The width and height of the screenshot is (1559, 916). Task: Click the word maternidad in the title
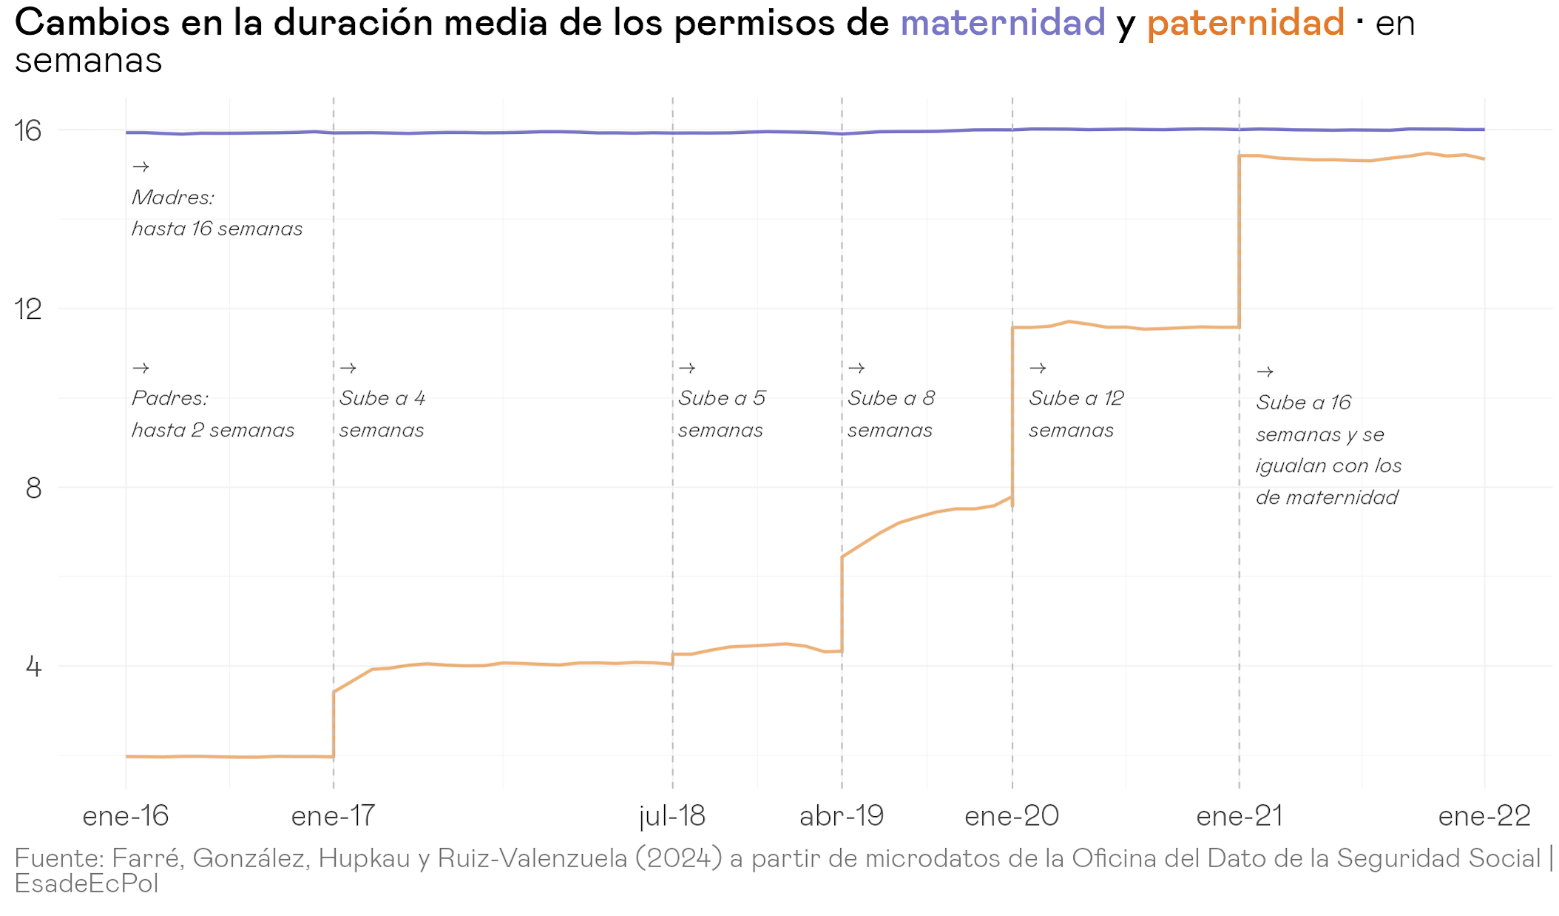[1002, 22]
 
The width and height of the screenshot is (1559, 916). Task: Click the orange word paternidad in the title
[1245, 22]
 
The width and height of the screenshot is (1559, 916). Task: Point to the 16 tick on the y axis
[28, 131]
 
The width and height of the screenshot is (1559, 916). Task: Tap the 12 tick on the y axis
[28, 309]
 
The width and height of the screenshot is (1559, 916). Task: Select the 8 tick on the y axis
[33, 488]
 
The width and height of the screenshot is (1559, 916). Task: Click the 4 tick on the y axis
[33, 667]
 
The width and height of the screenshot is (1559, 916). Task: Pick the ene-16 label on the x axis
[126, 816]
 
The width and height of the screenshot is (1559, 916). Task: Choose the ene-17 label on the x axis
[334, 816]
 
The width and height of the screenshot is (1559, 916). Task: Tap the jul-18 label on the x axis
[672, 816]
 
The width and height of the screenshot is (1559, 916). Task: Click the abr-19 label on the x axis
[842, 816]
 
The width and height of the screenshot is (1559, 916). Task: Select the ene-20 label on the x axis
[1012, 816]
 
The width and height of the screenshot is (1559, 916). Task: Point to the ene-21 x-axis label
[1239, 816]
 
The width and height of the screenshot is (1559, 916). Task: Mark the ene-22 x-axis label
[1484, 816]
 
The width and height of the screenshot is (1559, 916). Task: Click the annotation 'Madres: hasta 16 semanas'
[217, 213]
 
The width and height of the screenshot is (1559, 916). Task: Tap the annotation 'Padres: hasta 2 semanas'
[213, 414]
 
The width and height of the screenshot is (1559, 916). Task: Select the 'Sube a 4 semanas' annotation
[382, 414]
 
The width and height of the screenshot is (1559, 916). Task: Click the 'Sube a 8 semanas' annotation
[891, 414]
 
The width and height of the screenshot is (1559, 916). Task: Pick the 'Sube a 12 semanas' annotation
[1076, 414]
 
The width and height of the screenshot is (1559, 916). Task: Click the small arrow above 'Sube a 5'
[687, 368]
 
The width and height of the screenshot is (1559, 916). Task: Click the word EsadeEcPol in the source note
[87, 883]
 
